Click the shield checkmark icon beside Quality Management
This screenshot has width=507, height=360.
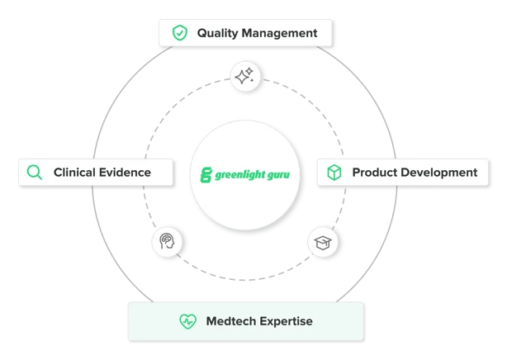[x=179, y=33]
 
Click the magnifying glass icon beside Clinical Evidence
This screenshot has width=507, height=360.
[x=35, y=173]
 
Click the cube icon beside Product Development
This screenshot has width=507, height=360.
[x=334, y=173]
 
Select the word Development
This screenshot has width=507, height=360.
[x=439, y=173]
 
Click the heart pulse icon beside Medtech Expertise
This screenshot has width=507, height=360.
[x=187, y=320]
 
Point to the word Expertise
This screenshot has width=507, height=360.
[x=286, y=320]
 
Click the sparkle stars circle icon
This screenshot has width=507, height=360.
[x=244, y=77]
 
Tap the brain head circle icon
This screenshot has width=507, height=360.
[x=167, y=243]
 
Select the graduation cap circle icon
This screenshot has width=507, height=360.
[x=321, y=243]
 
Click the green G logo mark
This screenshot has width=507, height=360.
[x=206, y=175]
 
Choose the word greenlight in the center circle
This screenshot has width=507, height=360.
[x=239, y=176]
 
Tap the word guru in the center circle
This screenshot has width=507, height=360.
[x=279, y=176]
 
